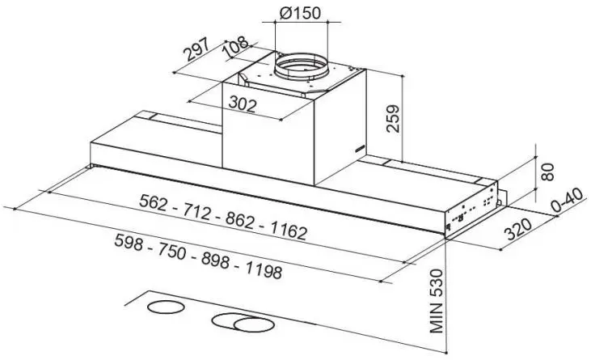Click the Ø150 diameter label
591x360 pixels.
pos(300,13)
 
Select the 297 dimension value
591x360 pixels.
pos(196,49)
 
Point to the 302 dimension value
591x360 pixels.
pos(243,104)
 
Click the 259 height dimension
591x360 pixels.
pos(393,118)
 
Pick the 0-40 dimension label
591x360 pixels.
pos(568,200)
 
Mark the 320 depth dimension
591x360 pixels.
pos(518,229)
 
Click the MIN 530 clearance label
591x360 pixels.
pos(436,301)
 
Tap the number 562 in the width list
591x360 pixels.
pos(153,202)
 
